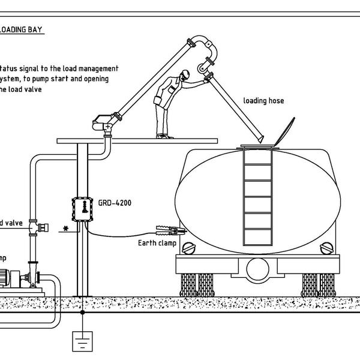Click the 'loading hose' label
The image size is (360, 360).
263,101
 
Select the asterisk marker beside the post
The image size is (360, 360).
64,229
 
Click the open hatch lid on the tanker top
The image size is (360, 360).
284,131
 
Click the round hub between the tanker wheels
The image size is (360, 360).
259,268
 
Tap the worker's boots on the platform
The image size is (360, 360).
164,136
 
